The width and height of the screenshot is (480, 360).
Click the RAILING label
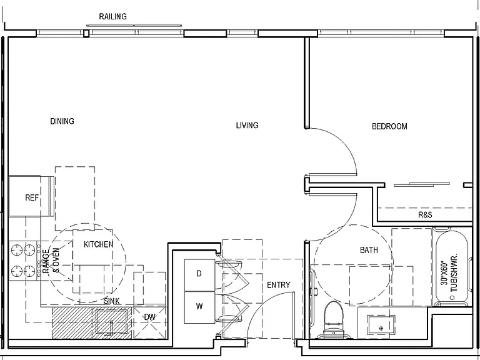point(112,16)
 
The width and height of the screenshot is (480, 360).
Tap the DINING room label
point(62,121)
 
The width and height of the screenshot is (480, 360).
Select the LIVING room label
point(247,125)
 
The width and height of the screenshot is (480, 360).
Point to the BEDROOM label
point(389,126)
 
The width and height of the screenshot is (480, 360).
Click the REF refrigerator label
point(32,197)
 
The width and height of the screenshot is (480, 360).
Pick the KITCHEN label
point(98,244)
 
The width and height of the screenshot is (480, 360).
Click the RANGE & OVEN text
point(51,261)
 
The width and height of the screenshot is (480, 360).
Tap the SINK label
point(111,301)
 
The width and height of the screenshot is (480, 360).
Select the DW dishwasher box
point(150,322)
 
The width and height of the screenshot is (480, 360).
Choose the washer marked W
point(199,307)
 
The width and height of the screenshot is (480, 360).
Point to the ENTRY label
point(278,285)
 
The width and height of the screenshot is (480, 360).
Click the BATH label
point(369,250)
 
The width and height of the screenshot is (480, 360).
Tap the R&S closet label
point(425,215)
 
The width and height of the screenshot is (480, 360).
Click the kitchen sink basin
point(112,321)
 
